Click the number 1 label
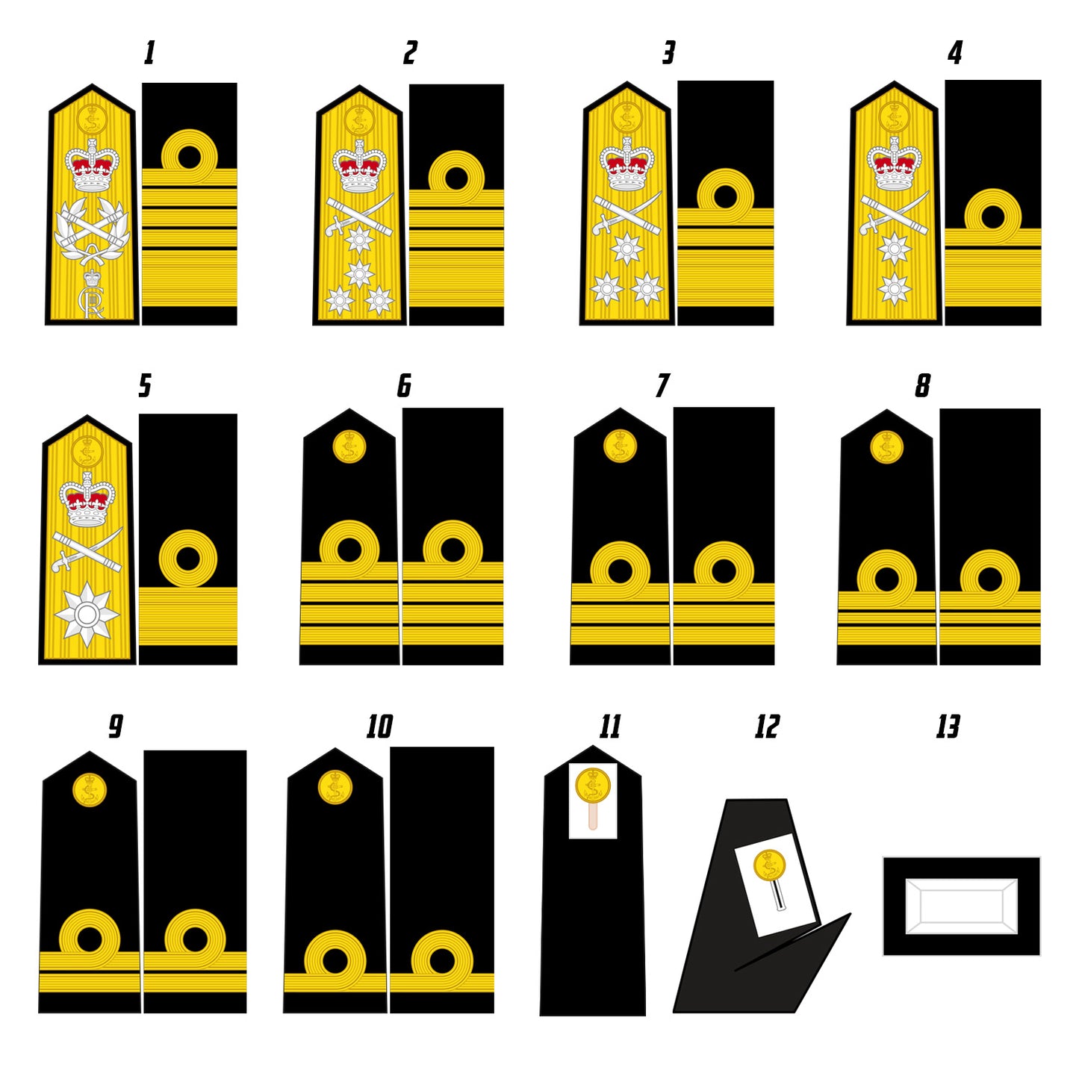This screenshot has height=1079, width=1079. [149, 53]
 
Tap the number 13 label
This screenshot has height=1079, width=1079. [948, 727]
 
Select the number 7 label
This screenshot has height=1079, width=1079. [662, 386]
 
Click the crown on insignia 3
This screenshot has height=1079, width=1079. [626, 165]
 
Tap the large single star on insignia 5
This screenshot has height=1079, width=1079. [87, 615]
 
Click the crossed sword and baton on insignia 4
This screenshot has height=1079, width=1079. [894, 213]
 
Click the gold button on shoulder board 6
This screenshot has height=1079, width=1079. [349, 447]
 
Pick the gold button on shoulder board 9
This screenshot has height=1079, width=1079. [90, 790]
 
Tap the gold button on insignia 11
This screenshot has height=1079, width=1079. [593, 786]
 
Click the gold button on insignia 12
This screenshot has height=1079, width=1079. [769, 865]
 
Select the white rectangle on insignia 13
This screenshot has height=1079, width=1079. [961, 906]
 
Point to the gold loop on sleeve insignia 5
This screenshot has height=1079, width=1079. [187, 559]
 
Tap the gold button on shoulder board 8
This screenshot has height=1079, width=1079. [887, 447]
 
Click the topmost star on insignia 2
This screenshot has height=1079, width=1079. [359, 240]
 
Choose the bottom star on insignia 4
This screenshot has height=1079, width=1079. [894, 287]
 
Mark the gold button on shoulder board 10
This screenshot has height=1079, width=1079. [335, 787]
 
